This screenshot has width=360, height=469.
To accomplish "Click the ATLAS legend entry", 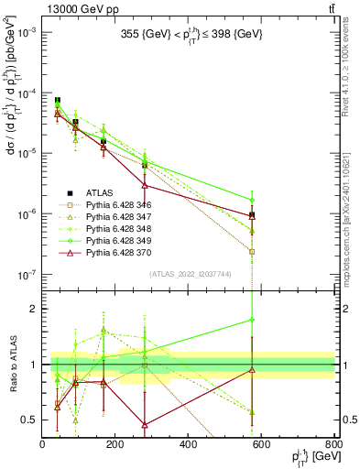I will [x=100, y=191].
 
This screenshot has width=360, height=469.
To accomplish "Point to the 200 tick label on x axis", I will [x=115, y=444].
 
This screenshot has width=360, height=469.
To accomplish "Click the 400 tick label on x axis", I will [x=189, y=444].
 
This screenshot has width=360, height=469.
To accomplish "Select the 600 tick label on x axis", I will [x=262, y=444].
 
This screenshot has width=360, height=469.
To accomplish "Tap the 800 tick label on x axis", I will [x=333, y=444].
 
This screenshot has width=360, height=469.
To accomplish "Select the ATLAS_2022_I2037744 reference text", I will [x=189, y=274].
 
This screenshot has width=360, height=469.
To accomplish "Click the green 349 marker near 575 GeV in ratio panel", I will [x=252, y=320].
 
